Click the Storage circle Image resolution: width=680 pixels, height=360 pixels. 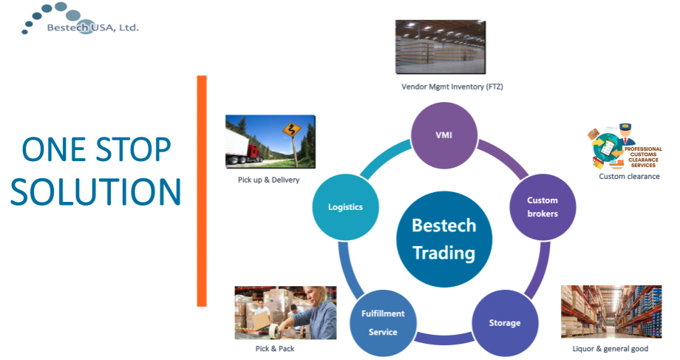coord(504,322)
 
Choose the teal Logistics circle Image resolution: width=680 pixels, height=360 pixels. coord(345,207)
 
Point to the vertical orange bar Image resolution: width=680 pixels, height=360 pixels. coord(201,190)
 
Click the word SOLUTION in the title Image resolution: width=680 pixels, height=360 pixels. coord(95,191)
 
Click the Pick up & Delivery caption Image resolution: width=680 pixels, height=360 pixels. coord(264,180)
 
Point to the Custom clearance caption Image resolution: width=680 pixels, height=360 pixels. coord(629,177)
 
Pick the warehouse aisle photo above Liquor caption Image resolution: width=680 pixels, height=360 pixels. coord(610,311)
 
